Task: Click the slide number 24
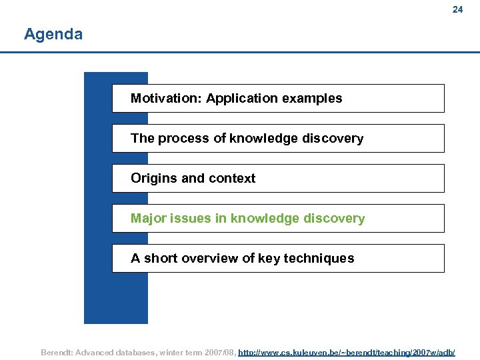pyautogui.click(x=457, y=9)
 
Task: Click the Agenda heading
pyautogui.click(x=53, y=34)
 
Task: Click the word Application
pyautogui.click(x=242, y=99)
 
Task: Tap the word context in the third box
pyautogui.click(x=232, y=179)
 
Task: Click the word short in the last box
pyautogui.click(x=162, y=259)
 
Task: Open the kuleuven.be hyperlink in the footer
pyautogui.click(x=347, y=351)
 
